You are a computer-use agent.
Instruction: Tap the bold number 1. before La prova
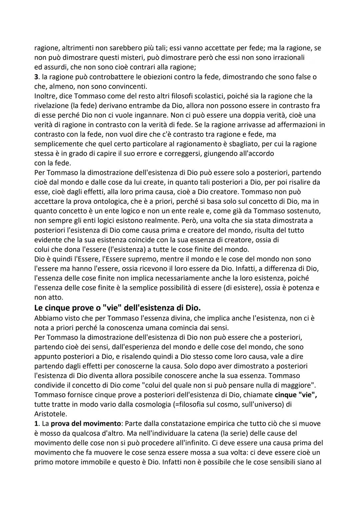37,424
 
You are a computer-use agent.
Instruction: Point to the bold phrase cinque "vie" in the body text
296,395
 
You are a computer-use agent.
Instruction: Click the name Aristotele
50,414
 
